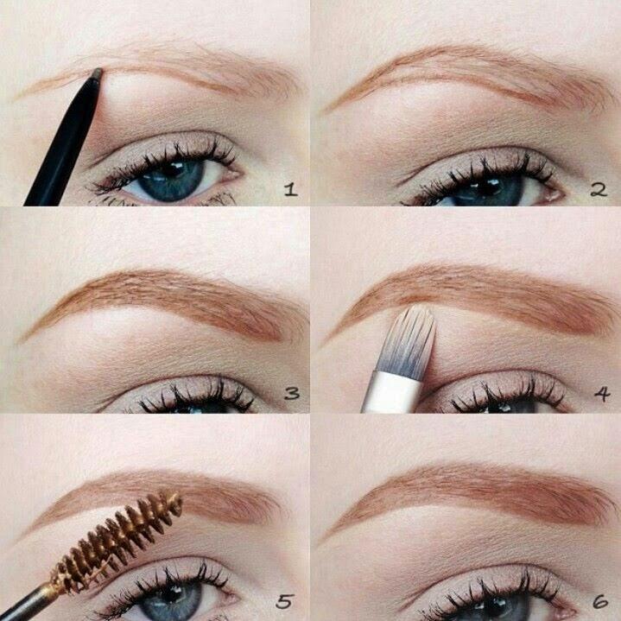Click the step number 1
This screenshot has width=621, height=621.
pyautogui.click(x=289, y=188)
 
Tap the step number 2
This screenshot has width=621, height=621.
pyautogui.click(x=599, y=188)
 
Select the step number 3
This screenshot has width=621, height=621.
pyautogui.click(x=292, y=395)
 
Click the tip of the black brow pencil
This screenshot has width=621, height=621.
pyautogui.click(x=96, y=73)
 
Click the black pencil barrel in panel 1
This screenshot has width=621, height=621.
pyautogui.click(x=60, y=147)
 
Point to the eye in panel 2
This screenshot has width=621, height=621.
pyautogui.click(x=484, y=186)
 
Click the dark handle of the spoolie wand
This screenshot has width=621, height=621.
pyautogui.click(x=22, y=600)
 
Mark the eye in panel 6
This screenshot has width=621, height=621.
pyautogui.click(x=484, y=600)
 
